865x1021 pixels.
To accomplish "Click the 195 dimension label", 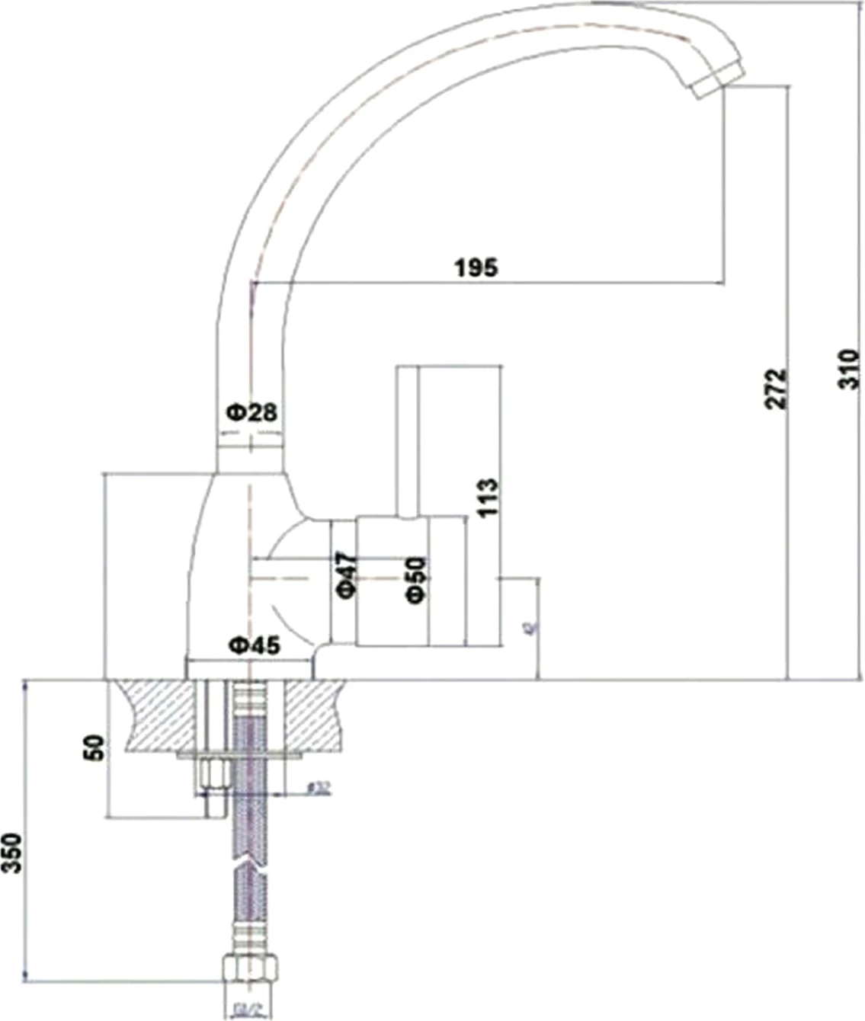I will click(476, 267).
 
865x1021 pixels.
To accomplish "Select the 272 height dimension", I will click(775, 389).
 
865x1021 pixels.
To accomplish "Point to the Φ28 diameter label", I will click(251, 412).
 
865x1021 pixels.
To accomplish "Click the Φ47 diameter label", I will click(346, 575).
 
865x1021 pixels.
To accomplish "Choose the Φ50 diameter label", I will click(416, 580).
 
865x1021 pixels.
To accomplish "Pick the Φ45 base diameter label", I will click(255, 645).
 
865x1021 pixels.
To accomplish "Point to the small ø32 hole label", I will click(319, 788).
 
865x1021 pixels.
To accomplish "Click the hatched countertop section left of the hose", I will click(160, 715).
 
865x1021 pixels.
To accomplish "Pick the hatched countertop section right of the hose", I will click(314, 715).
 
